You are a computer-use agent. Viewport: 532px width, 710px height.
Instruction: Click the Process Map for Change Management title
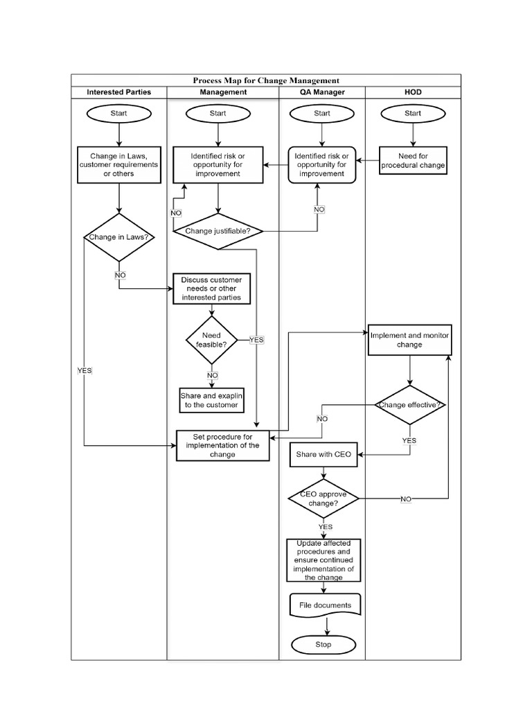266,80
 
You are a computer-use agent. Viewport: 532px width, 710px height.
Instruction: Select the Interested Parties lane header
118,92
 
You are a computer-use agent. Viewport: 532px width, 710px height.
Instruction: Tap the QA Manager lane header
322,92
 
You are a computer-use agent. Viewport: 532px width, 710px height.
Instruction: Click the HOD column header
413,92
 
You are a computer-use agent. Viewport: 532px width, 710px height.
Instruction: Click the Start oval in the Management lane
218,113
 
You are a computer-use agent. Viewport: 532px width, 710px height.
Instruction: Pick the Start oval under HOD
413,113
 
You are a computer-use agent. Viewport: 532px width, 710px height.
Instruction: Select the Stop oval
323,645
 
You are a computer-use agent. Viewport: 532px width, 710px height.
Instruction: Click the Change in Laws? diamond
119,238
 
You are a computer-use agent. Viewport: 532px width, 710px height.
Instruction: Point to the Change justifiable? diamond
218,231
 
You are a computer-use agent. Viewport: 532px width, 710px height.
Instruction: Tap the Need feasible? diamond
211,340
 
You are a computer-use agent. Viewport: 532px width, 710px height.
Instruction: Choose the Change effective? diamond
410,405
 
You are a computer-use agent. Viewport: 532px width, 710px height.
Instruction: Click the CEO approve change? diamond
323,499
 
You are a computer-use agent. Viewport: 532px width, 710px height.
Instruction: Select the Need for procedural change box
413,161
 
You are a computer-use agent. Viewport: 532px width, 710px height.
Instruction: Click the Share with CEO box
323,456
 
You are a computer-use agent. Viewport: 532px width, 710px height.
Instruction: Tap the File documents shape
325,605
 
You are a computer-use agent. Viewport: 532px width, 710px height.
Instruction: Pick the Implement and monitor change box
409,340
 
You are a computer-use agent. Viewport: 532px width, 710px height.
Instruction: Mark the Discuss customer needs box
211,288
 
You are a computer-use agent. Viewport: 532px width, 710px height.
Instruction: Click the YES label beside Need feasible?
256,340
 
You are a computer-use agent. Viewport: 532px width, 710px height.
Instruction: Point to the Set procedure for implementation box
223,445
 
